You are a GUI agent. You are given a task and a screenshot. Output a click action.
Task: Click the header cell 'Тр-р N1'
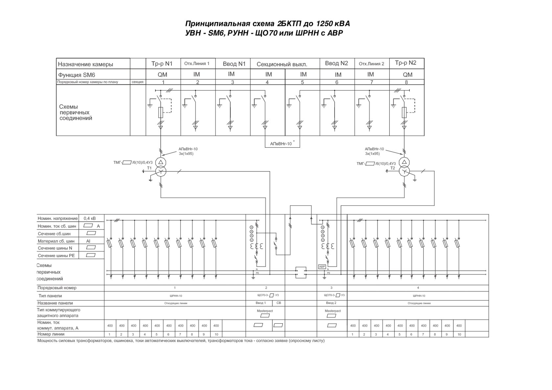point(163,64)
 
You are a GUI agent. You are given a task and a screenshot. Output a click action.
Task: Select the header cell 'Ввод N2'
point(336,63)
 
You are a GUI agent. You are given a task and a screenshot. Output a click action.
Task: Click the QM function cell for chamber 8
point(407,75)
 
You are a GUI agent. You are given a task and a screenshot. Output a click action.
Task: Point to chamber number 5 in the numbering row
point(302,82)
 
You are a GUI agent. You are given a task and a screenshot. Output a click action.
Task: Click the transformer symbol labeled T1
point(160,167)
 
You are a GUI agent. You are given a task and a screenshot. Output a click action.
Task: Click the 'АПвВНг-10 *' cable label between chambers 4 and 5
point(282,144)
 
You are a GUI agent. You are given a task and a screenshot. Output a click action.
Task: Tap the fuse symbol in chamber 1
point(161,113)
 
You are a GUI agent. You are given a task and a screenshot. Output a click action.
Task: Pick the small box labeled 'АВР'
point(322,267)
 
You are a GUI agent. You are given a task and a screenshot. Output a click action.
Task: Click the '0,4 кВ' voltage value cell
point(90,218)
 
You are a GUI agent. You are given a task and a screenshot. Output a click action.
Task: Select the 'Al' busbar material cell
point(88,241)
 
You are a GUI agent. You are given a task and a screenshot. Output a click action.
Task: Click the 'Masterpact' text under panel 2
point(264,311)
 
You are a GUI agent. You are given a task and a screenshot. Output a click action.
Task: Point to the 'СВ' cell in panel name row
point(279,303)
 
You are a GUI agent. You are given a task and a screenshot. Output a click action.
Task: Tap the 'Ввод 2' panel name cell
point(331,303)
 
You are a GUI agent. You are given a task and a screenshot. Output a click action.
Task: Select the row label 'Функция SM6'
point(77,75)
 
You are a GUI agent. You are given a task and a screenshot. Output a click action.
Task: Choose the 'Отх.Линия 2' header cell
point(371,64)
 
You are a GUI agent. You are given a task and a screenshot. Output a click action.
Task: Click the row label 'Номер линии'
point(51,334)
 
